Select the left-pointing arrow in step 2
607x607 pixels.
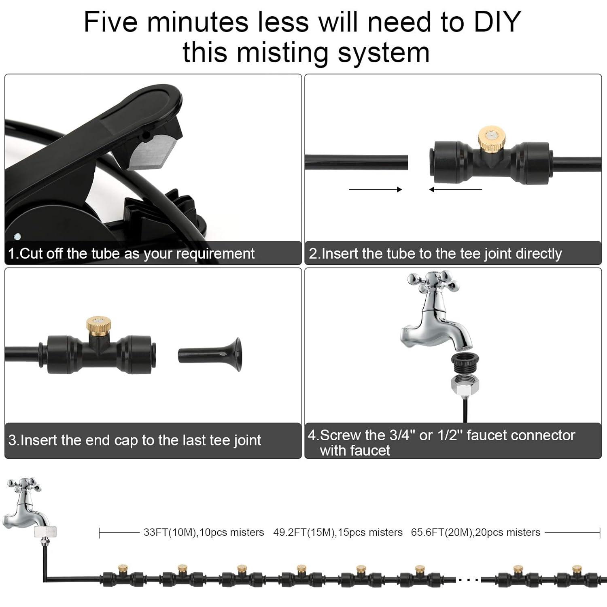(x=455, y=189)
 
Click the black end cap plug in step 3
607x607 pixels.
(x=210, y=355)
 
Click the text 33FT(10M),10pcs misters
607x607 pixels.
(x=204, y=533)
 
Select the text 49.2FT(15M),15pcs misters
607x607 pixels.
(x=338, y=533)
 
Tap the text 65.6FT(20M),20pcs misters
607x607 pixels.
(x=475, y=533)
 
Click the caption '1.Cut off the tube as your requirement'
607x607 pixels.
(x=131, y=254)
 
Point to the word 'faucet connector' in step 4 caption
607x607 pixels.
(x=520, y=435)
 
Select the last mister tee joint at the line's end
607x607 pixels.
(x=575, y=576)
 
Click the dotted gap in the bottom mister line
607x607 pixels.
(x=468, y=579)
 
